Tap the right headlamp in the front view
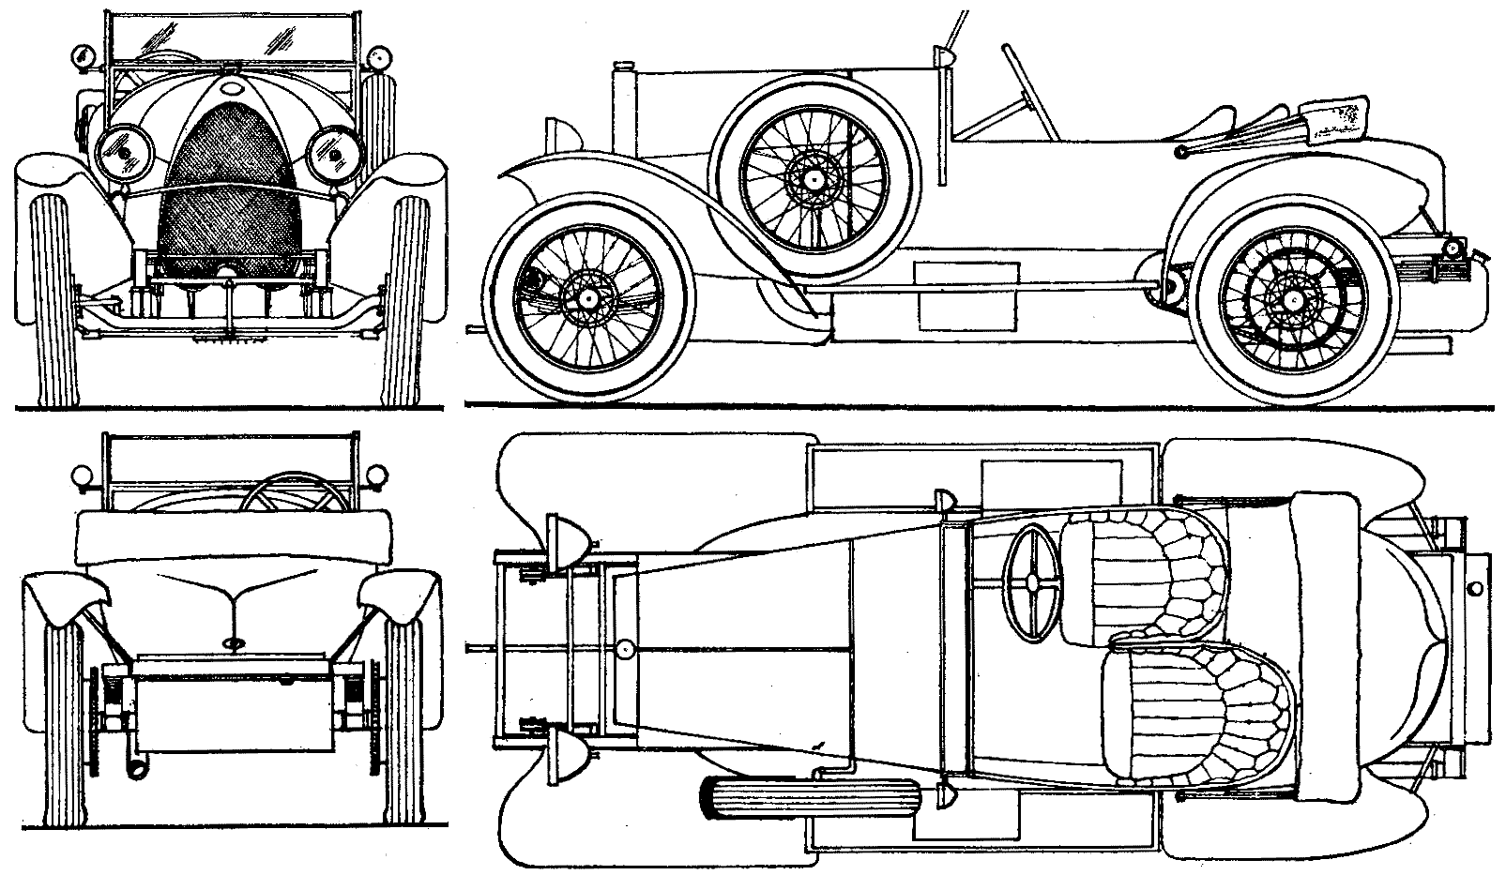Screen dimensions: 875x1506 point(333,153)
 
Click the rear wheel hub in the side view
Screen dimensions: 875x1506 point(1297,299)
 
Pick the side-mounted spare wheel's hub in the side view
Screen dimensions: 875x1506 point(813,176)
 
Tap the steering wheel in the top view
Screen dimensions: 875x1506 point(1032,582)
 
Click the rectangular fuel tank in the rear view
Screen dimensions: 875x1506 point(233,703)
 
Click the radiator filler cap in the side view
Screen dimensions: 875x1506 point(622,67)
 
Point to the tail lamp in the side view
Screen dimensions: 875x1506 point(1453,248)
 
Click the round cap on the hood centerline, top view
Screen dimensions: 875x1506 point(626,647)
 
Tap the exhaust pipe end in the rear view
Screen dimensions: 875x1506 point(138,767)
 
